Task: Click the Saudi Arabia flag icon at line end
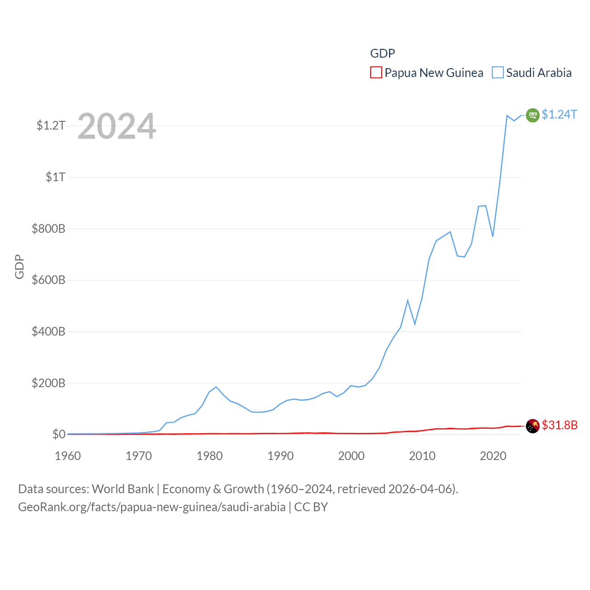(532, 115)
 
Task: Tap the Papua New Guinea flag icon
(532, 426)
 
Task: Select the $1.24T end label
(559, 114)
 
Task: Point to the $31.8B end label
(560, 425)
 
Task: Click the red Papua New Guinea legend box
(376, 73)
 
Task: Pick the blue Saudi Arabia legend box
(498, 73)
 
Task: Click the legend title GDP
(383, 53)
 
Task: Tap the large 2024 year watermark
(117, 126)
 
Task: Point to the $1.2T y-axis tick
(51, 125)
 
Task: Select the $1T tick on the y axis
(56, 177)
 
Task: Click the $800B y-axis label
(48, 229)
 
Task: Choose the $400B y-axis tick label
(48, 331)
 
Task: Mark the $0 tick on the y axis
(59, 434)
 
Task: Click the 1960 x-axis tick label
(68, 456)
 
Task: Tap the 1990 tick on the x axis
(280, 456)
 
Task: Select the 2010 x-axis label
(422, 456)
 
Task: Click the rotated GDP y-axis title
(19, 266)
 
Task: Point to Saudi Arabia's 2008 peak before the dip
(407, 301)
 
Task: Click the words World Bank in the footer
(123, 489)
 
